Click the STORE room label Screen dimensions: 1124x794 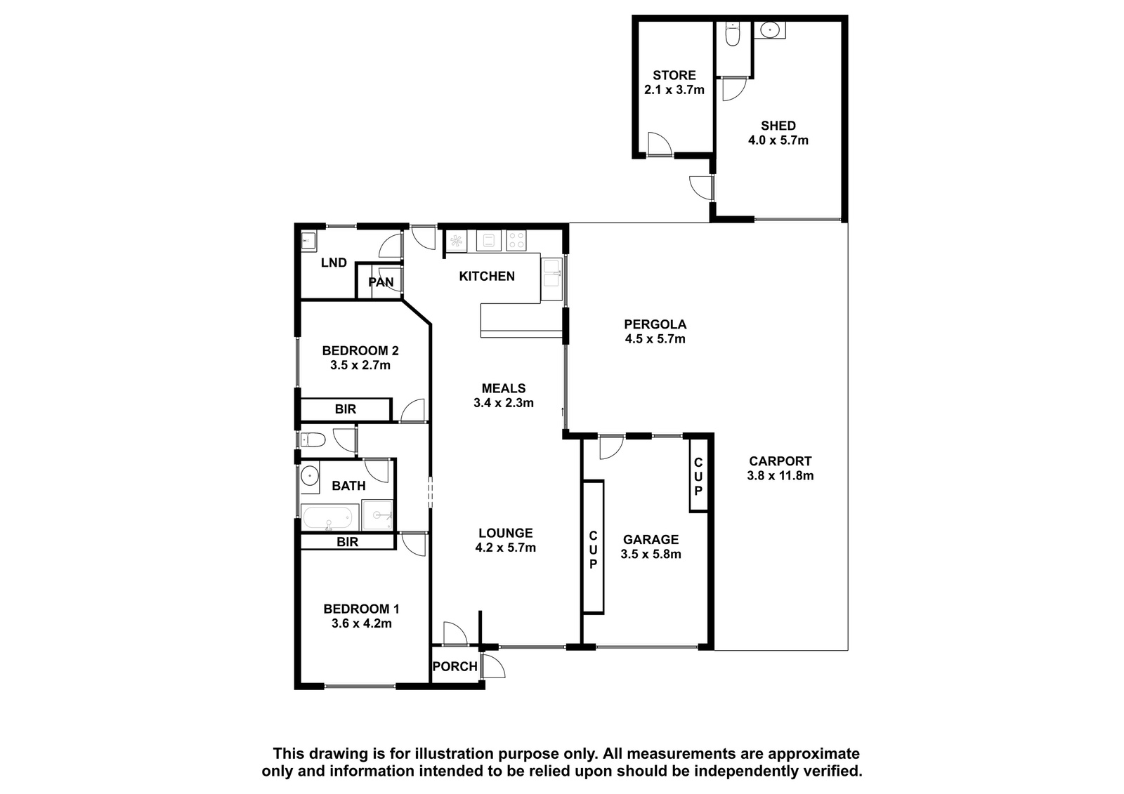(674, 75)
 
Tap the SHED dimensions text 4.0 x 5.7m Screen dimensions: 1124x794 (778, 140)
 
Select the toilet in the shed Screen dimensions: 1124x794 (732, 34)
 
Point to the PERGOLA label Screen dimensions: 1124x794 (655, 324)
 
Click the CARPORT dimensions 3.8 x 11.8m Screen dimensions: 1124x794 (780, 475)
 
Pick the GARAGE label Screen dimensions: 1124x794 (651, 540)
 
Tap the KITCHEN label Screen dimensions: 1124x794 (487, 277)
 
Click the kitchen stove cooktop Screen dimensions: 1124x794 (516, 240)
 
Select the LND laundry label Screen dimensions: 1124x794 (334, 263)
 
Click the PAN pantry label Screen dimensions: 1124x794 (381, 282)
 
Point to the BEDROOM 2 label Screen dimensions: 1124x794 (360, 350)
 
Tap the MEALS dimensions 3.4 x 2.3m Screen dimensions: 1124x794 (503, 403)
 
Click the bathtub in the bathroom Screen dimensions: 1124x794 (329, 517)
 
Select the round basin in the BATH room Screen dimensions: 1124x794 (309, 474)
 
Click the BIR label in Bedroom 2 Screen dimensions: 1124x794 (345, 409)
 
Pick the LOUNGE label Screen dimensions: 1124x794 (505, 533)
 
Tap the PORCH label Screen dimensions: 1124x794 (455, 667)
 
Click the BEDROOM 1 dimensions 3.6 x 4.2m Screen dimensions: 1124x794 (361, 624)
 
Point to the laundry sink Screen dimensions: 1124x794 (308, 241)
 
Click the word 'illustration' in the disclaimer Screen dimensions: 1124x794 (455, 754)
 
